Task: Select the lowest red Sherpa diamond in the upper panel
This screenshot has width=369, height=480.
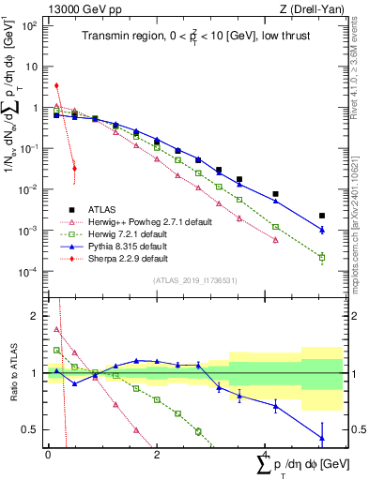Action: (x=74, y=169)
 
